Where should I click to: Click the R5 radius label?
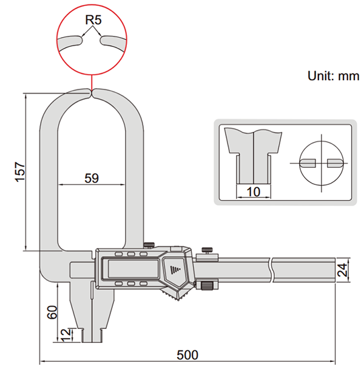[x=92, y=19]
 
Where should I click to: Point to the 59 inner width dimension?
[x=92, y=178]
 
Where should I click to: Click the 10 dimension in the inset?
[x=253, y=192]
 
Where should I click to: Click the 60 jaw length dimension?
[x=52, y=313]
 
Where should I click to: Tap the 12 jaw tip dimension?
[x=63, y=334]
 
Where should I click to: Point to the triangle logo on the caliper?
[x=177, y=268]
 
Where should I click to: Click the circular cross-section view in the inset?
[x=320, y=163]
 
